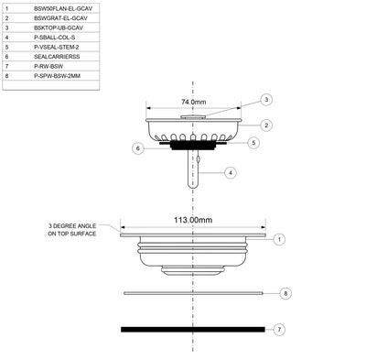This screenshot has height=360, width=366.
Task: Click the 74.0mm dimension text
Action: (x=194, y=103)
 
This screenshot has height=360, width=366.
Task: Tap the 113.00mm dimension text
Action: (x=193, y=221)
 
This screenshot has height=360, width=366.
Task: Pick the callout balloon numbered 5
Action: (x=256, y=143)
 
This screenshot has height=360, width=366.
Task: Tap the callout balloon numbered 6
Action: (x=137, y=147)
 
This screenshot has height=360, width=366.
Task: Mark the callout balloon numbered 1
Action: (x=280, y=238)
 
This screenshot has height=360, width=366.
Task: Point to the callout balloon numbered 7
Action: (x=280, y=328)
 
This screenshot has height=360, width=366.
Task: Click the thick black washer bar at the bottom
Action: (x=193, y=328)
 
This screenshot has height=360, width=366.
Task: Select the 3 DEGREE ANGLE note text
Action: (x=77, y=230)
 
